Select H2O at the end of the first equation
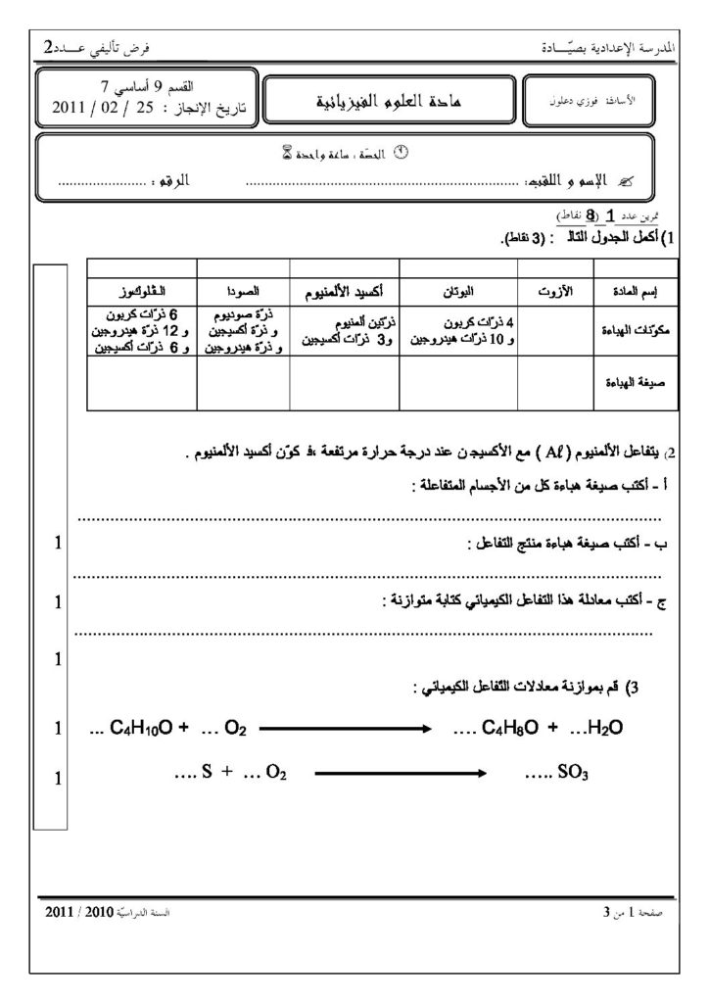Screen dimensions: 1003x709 [x=601, y=728]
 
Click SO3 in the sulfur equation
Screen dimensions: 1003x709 [x=570, y=773]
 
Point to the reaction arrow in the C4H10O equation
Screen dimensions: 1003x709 [x=345, y=728]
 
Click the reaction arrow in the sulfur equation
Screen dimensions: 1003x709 [x=400, y=773]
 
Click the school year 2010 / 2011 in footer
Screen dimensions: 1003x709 [x=84, y=911]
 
